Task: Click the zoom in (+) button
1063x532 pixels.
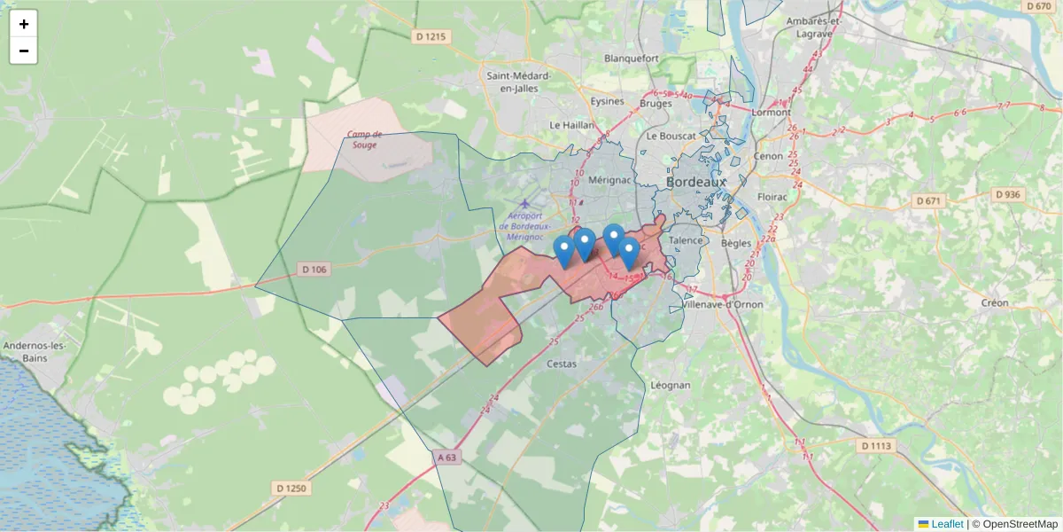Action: point(24,24)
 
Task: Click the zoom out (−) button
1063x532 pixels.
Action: point(24,51)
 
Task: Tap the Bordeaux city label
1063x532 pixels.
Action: point(695,182)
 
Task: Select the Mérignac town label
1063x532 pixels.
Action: point(609,181)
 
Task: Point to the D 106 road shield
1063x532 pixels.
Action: point(314,270)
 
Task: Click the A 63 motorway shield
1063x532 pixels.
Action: point(448,458)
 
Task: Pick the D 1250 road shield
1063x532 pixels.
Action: point(291,488)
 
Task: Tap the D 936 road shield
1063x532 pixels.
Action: point(1008,194)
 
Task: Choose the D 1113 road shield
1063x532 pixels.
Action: point(879,445)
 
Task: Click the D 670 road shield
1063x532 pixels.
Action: point(1037,6)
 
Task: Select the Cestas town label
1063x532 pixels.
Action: point(562,364)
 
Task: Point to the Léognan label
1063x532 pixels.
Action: point(671,385)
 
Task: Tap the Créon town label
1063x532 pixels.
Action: point(995,302)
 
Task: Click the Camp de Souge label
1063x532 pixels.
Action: point(365,140)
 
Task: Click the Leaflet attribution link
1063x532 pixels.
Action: point(946,524)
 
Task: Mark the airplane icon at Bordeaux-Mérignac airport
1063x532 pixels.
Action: point(526,204)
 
